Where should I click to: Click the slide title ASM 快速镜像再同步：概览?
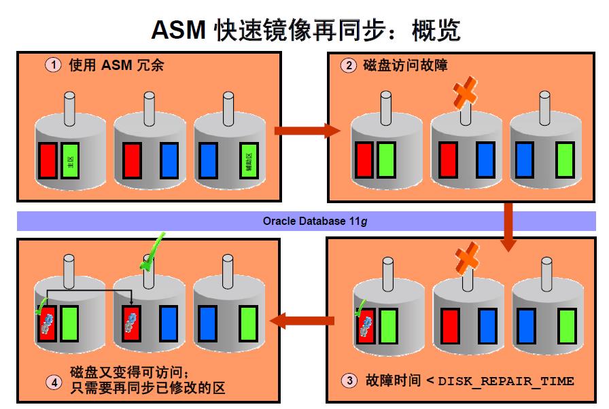click(x=305, y=29)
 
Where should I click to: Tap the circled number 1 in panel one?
click(x=53, y=65)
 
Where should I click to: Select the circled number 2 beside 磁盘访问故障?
click(x=349, y=65)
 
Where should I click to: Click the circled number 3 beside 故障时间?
click(x=349, y=381)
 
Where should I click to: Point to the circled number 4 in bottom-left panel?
click(x=54, y=381)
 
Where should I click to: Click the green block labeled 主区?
click(x=70, y=160)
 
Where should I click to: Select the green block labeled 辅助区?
click(x=249, y=160)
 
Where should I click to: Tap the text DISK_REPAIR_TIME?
click(x=506, y=381)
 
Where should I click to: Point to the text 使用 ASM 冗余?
click(x=116, y=65)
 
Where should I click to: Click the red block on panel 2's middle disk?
click(x=449, y=160)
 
